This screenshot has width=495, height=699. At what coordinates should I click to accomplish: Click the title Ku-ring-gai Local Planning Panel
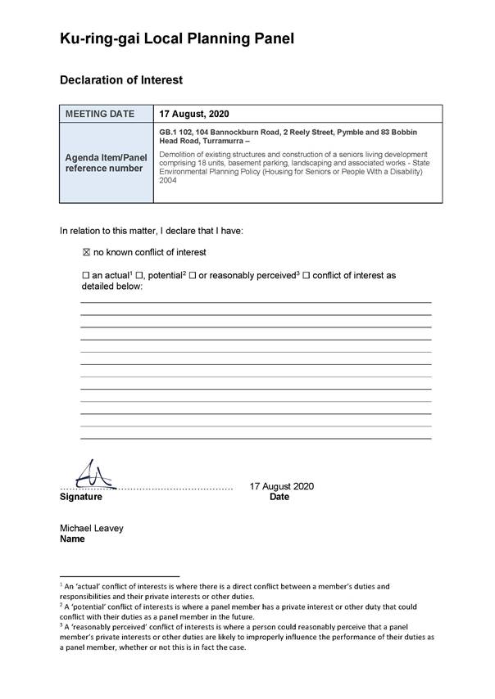(x=176, y=38)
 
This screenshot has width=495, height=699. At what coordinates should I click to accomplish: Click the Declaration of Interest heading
(x=121, y=80)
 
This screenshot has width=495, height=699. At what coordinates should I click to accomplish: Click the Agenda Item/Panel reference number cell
(x=106, y=163)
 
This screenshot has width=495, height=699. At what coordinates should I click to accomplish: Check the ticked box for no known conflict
(x=86, y=252)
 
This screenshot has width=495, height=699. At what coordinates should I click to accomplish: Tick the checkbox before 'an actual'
(x=86, y=276)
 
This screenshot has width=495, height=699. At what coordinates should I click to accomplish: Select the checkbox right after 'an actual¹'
(x=139, y=276)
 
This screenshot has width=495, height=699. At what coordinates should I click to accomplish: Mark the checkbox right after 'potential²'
(x=192, y=276)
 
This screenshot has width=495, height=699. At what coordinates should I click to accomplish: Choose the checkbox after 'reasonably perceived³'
(x=307, y=276)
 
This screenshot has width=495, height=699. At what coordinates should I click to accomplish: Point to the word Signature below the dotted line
(x=81, y=497)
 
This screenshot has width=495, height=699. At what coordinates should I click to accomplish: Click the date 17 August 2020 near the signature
(x=281, y=486)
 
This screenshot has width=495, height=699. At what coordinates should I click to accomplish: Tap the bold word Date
(x=279, y=497)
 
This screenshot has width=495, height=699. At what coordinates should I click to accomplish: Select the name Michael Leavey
(x=92, y=528)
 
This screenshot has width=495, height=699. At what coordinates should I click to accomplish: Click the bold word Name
(x=73, y=539)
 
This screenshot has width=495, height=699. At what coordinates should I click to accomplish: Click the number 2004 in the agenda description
(x=168, y=181)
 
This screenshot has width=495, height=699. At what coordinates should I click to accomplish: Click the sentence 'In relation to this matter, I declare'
(x=152, y=231)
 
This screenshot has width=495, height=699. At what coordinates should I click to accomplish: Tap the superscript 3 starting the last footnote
(x=61, y=623)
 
